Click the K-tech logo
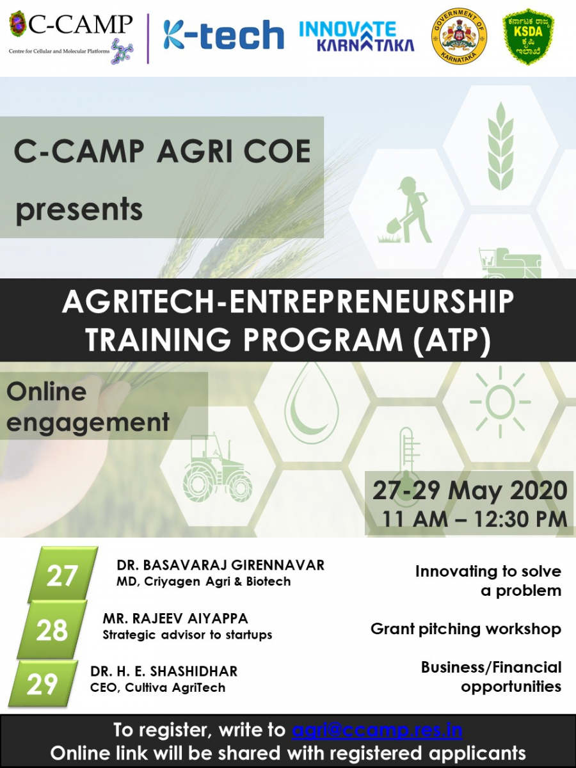tap(223, 35)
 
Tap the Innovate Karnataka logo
tap(356, 36)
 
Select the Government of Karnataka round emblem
tap(458, 36)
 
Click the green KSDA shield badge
tap(528, 36)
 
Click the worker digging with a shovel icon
tap(405, 210)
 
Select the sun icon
tap(500, 402)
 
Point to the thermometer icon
tap(406, 458)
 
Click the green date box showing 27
tap(63, 575)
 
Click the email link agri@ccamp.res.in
tap(377, 730)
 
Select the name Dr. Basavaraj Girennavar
tap(221, 565)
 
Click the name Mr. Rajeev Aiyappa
tap(175, 619)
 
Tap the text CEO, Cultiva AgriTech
tap(157, 687)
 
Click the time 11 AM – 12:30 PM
tap(474, 518)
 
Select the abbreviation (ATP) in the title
tap(451, 339)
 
